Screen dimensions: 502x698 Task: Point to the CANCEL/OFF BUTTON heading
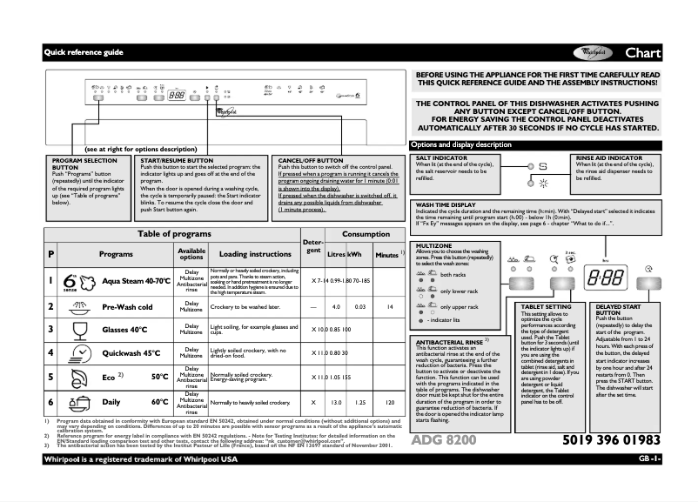[x=312, y=160]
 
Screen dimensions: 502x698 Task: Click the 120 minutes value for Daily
[x=390, y=404]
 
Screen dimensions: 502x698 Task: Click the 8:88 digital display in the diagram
[x=604, y=279]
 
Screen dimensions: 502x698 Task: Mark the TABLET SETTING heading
[x=547, y=307]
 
